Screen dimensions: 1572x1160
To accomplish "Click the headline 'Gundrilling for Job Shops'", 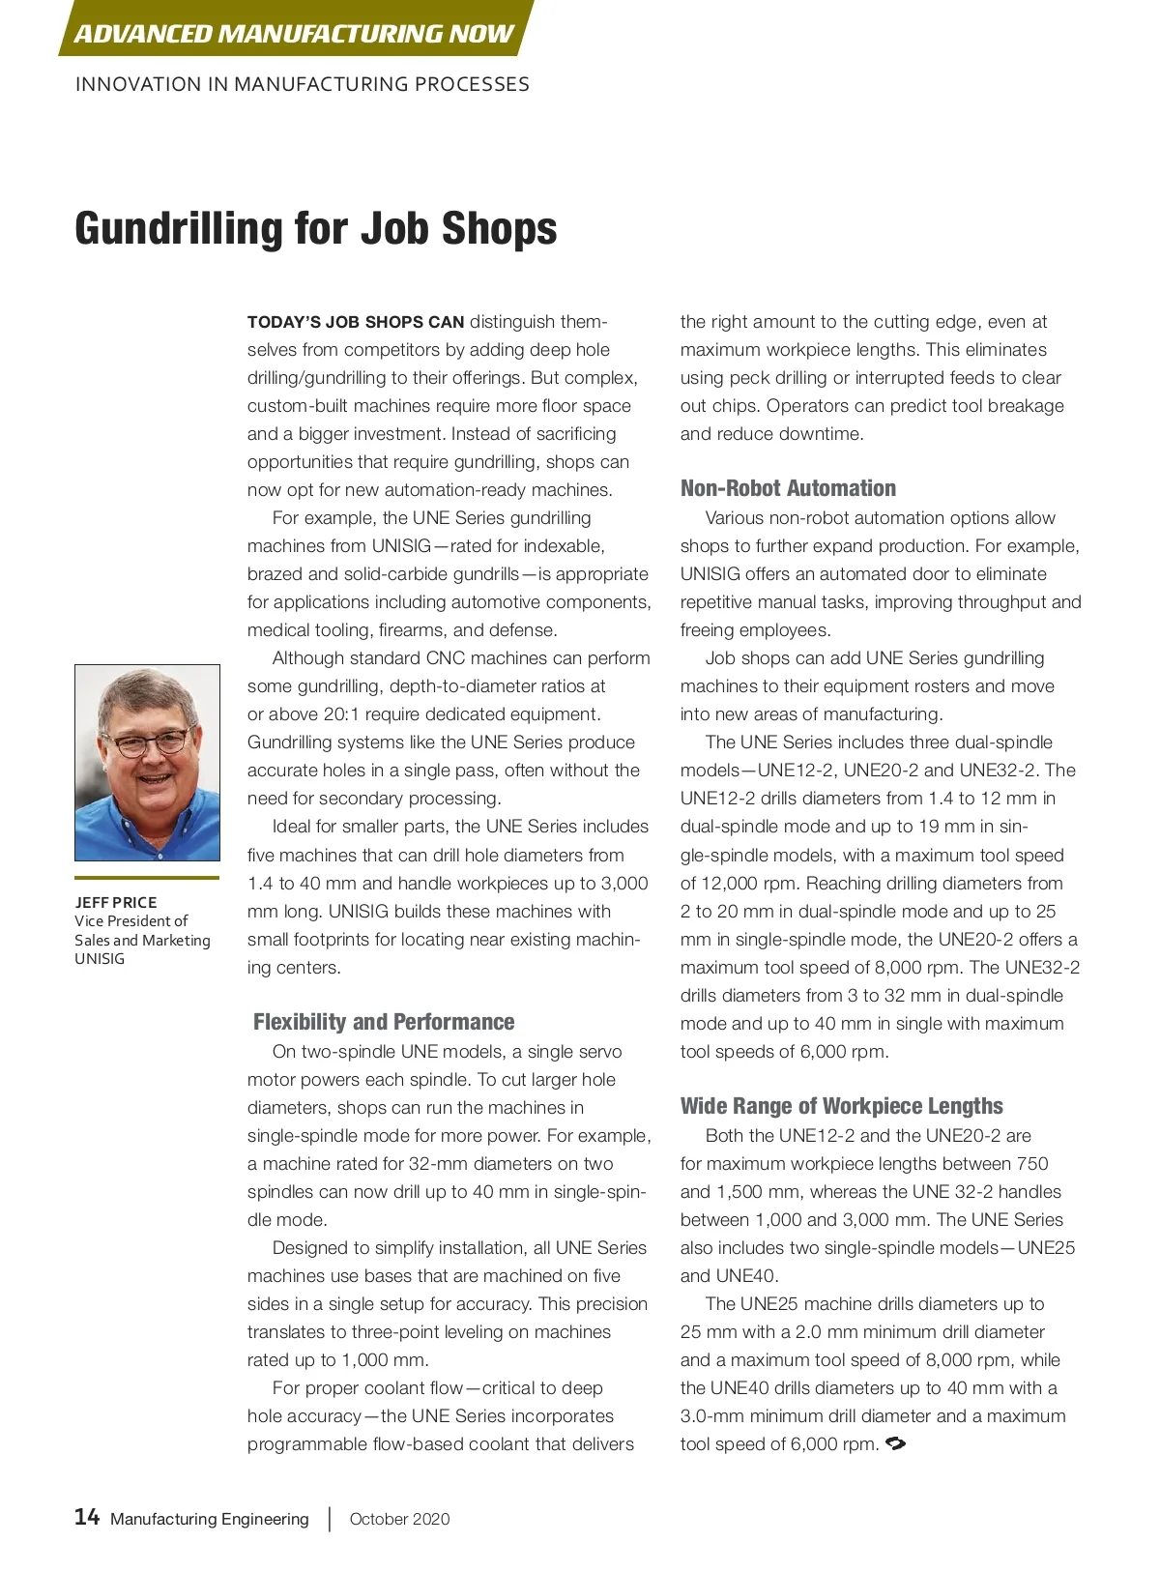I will pyautogui.click(x=316, y=229).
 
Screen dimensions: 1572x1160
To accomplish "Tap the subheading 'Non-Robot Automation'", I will pyautogui.click(x=788, y=488).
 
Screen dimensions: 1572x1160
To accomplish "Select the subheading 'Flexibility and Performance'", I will pyautogui.click(x=384, y=1022).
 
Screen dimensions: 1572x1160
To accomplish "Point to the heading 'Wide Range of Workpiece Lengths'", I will pyautogui.click(x=842, y=1106).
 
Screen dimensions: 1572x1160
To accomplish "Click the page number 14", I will pyautogui.click(x=87, y=1517).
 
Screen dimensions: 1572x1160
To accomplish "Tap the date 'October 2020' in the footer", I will pyautogui.click(x=399, y=1519).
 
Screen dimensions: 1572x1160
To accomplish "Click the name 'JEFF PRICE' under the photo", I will pyautogui.click(x=116, y=902).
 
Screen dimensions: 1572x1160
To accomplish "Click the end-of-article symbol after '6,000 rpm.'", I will pyautogui.click(x=895, y=1443).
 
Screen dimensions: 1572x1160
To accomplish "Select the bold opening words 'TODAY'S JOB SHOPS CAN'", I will pyautogui.click(x=356, y=322).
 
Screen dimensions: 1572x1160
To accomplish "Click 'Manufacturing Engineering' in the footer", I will pyautogui.click(x=210, y=1519).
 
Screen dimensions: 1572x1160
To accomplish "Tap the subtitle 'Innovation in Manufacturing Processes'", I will pyautogui.click(x=303, y=85).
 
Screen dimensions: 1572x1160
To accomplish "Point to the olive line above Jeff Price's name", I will pyautogui.click(x=147, y=878).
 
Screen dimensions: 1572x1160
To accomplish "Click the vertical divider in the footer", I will pyautogui.click(x=330, y=1519).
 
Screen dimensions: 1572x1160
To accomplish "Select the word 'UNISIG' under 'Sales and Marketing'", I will pyautogui.click(x=100, y=958).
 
